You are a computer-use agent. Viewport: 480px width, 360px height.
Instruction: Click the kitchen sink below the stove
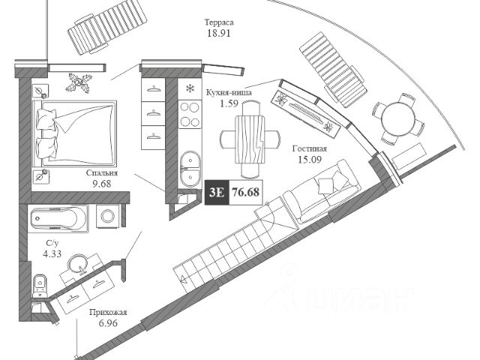tap(189, 161)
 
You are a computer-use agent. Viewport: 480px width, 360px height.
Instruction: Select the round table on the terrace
tap(391, 118)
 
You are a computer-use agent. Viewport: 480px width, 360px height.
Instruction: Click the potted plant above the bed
tap(78, 81)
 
